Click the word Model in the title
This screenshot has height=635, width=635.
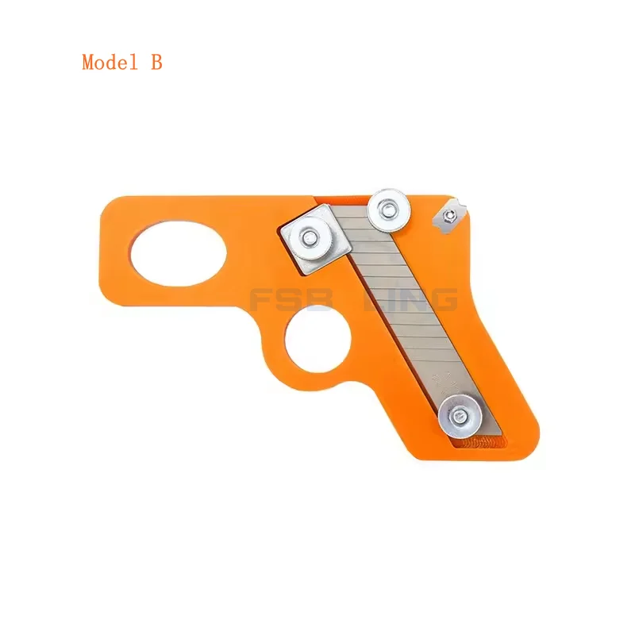(x=108, y=63)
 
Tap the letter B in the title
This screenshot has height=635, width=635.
(x=156, y=63)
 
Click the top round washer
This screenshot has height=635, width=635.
(x=389, y=209)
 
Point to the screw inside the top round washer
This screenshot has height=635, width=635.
(x=389, y=209)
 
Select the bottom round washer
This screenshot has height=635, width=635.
(x=460, y=414)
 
